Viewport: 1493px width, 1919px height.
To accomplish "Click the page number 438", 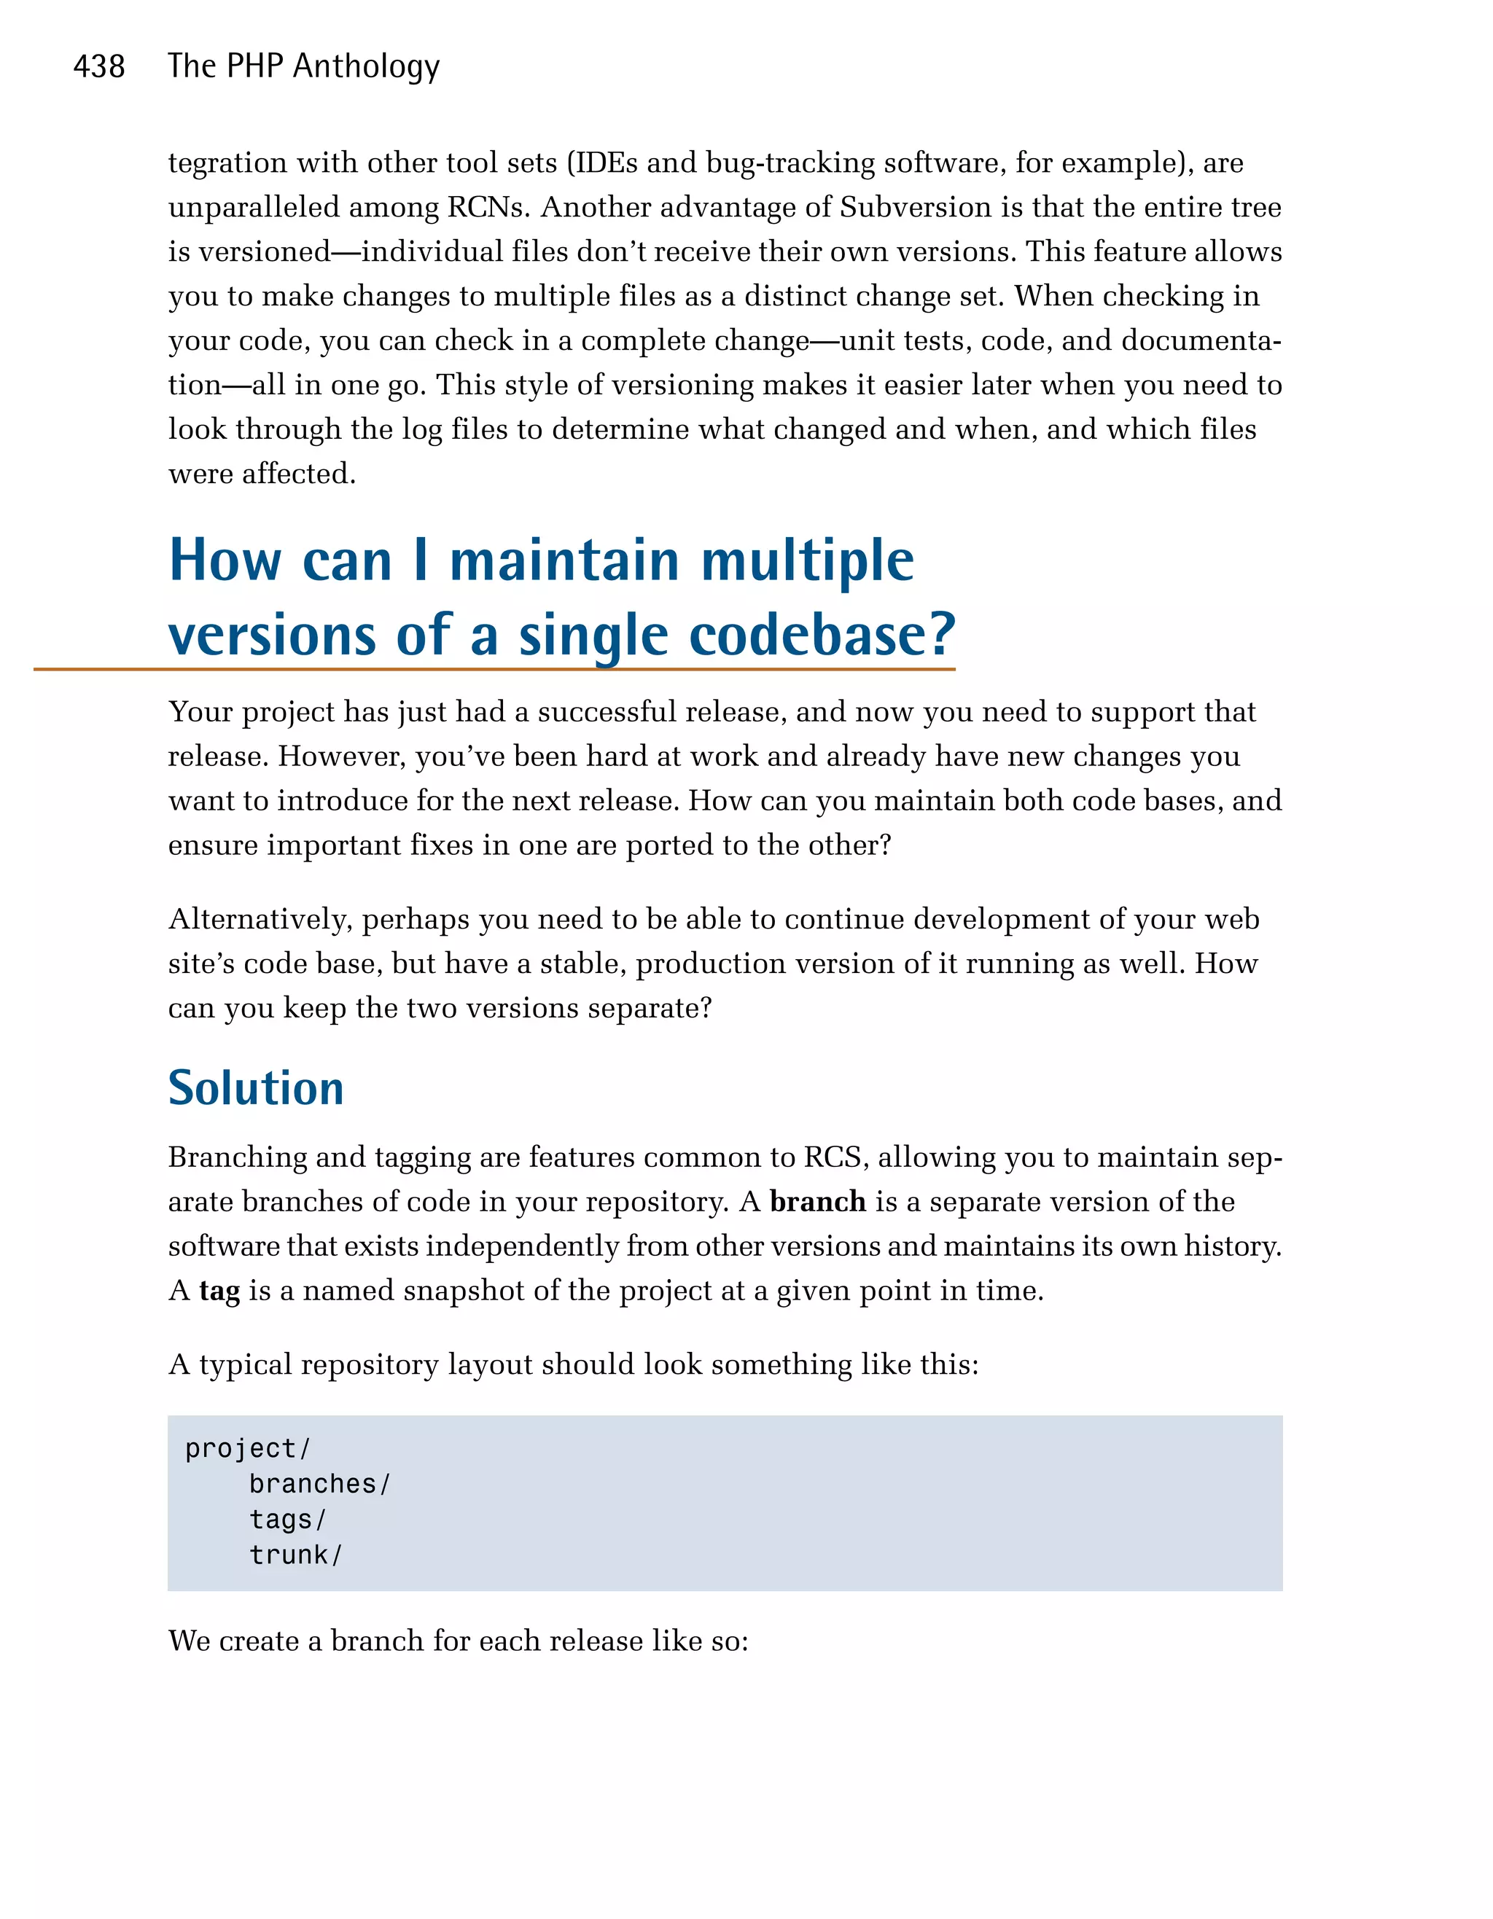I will coord(98,67).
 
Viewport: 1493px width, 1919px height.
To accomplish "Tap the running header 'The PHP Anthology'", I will coord(303,67).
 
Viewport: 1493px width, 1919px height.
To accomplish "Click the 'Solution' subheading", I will coord(256,1088).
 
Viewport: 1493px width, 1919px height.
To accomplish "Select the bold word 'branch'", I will coord(817,1201).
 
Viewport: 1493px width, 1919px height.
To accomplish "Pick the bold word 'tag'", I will coord(219,1291).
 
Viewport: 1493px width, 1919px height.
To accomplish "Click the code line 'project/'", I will coord(248,1448).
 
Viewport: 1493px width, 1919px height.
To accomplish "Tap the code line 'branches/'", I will coord(319,1484).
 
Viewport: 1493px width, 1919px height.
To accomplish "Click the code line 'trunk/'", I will coord(295,1555).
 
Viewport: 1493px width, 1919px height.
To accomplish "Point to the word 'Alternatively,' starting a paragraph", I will coord(260,919).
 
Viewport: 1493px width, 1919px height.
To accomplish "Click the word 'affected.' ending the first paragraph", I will coord(299,474).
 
